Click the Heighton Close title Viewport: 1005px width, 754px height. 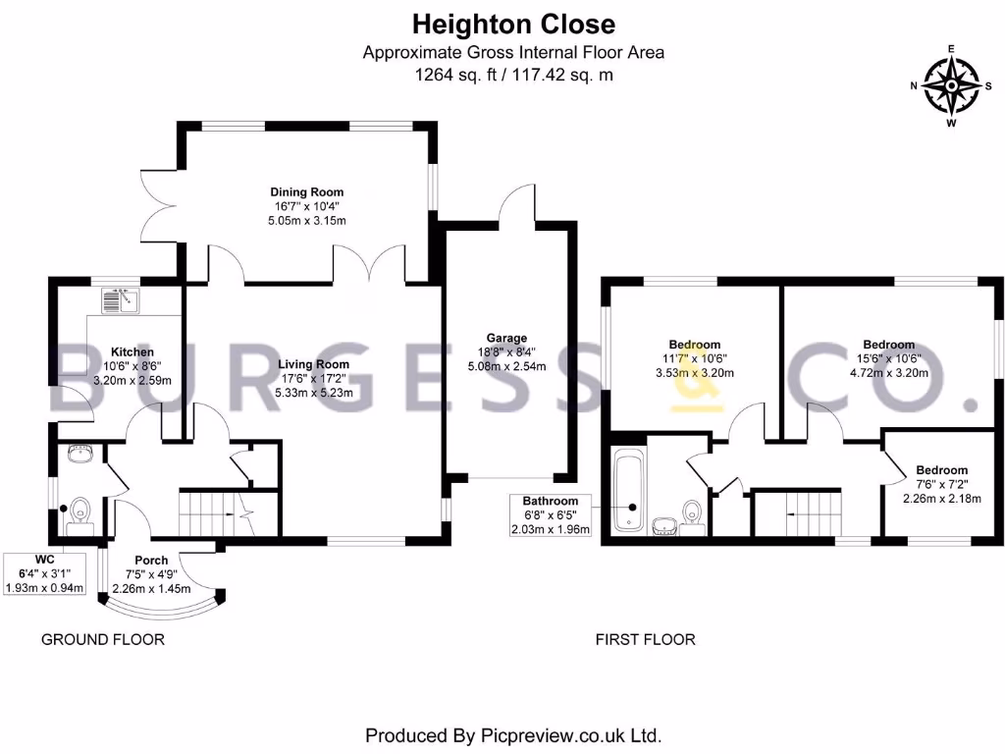[x=513, y=25]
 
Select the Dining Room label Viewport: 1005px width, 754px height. [x=306, y=191]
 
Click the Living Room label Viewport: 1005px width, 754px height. [x=313, y=364]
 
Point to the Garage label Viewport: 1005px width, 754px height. [x=506, y=338]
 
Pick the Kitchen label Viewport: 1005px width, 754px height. [x=132, y=352]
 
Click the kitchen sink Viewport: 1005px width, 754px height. [x=120, y=300]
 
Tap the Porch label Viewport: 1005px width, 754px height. [x=151, y=561]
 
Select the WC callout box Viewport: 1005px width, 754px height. [x=44, y=573]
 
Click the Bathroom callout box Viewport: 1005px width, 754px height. [x=551, y=514]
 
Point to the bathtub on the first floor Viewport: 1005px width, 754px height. [x=629, y=491]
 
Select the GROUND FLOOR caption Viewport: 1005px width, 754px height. [x=102, y=639]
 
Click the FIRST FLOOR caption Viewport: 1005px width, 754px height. [x=645, y=639]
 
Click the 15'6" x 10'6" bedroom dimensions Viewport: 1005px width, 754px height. [x=888, y=359]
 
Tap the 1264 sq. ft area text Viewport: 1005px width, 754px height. [x=455, y=75]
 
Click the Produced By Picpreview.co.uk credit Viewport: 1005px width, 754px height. [x=512, y=734]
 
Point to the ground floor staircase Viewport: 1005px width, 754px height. [x=217, y=512]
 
